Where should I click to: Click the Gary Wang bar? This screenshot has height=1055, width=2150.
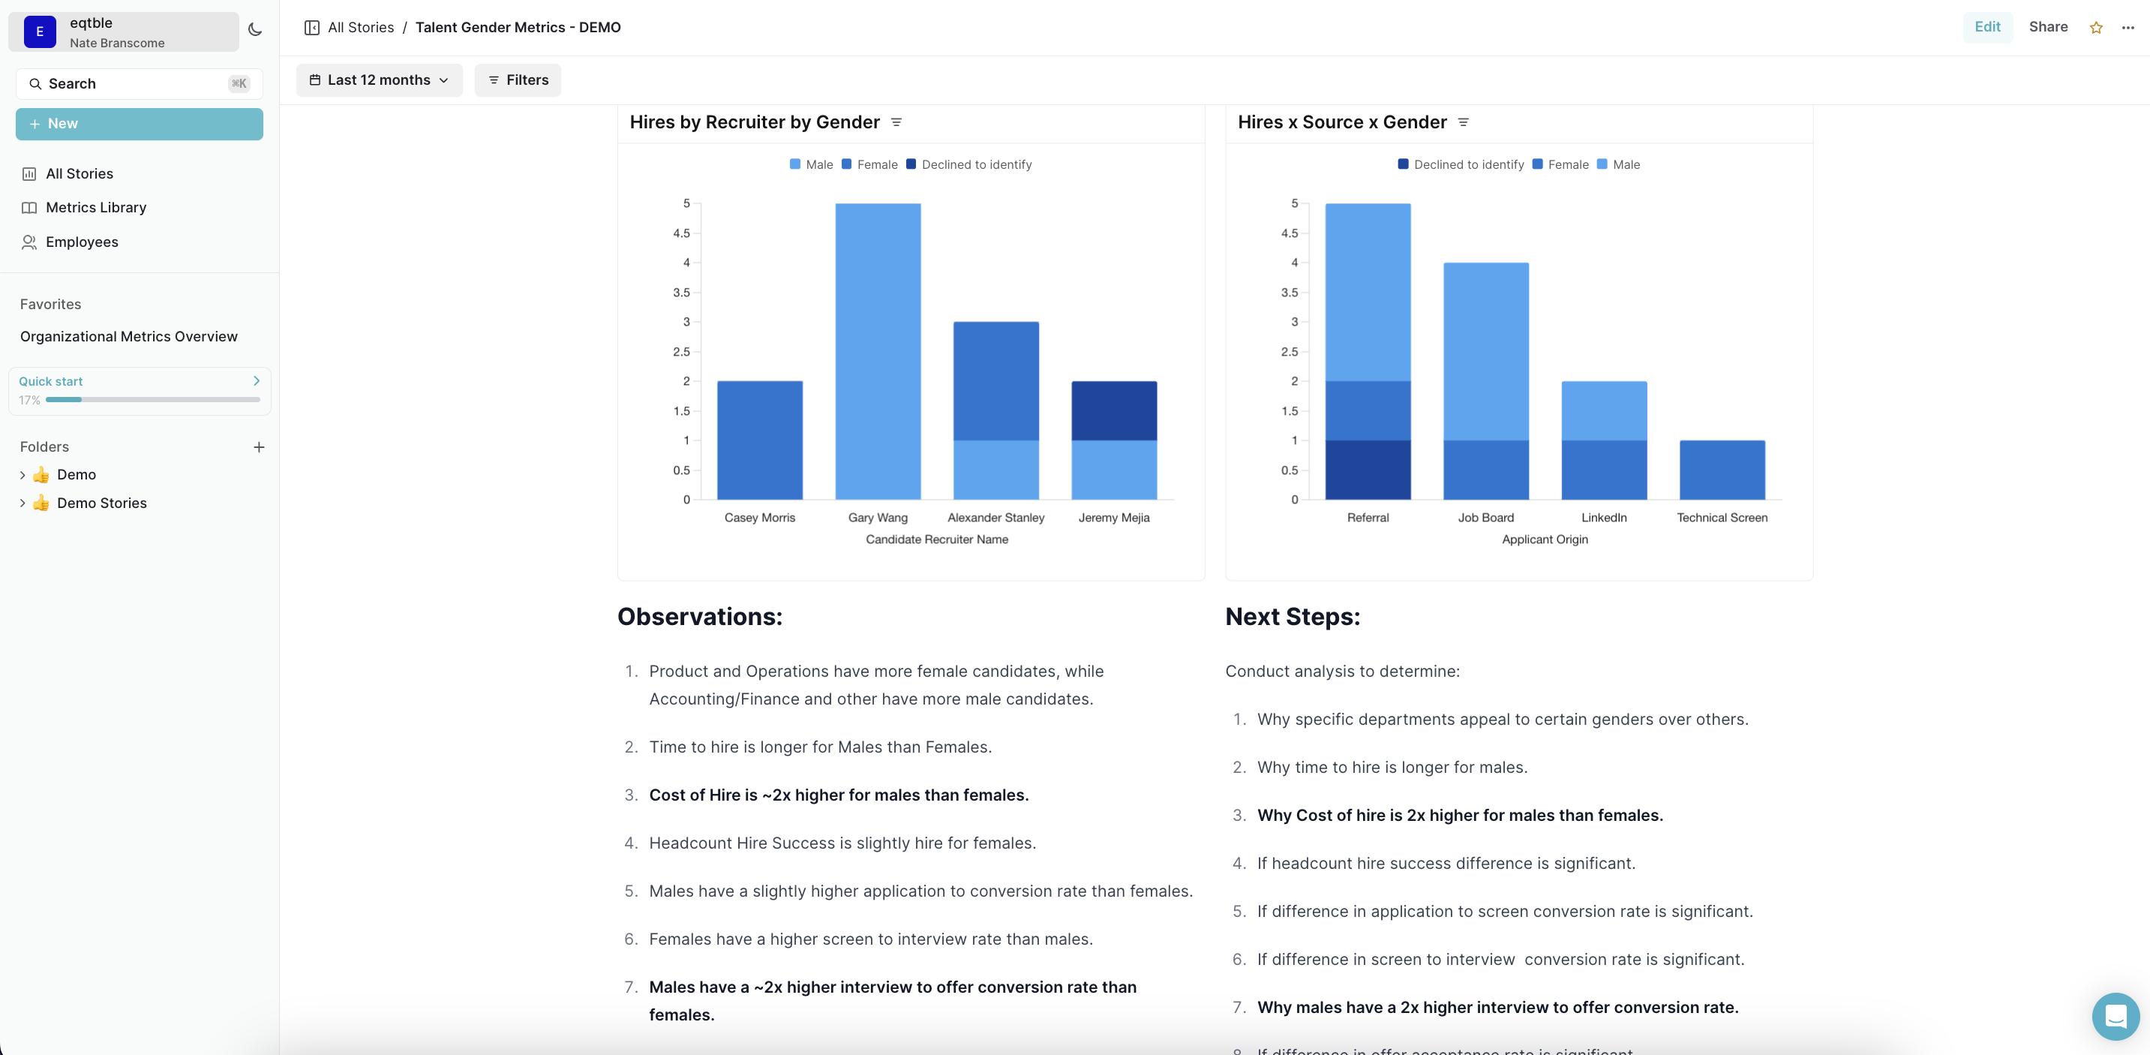point(877,350)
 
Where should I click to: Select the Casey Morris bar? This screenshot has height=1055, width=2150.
point(759,440)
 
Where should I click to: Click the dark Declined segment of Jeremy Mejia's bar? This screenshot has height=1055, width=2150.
point(1113,410)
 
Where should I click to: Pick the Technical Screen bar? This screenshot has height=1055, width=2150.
point(1721,470)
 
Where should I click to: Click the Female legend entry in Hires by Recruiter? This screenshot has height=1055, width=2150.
point(869,164)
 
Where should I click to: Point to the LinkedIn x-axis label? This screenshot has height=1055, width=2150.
point(1603,518)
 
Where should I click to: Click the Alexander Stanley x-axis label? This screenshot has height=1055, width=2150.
point(995,518)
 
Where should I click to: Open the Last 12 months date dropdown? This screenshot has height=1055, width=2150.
point(379,80)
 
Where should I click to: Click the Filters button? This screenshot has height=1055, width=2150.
point(518,80)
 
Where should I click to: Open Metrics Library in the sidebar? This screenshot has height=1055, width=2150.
point(96,207)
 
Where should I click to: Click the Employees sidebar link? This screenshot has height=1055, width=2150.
point(82,242)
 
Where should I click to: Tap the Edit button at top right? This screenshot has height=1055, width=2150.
point(1986,27)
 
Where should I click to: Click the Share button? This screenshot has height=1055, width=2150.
point(2047,27)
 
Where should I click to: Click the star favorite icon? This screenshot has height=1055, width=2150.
point(2096,28)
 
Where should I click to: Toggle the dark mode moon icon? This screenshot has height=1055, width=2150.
point(255,30)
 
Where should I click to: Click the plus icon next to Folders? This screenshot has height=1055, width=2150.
point(259,447)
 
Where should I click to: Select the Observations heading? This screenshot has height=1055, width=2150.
point(699,616)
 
